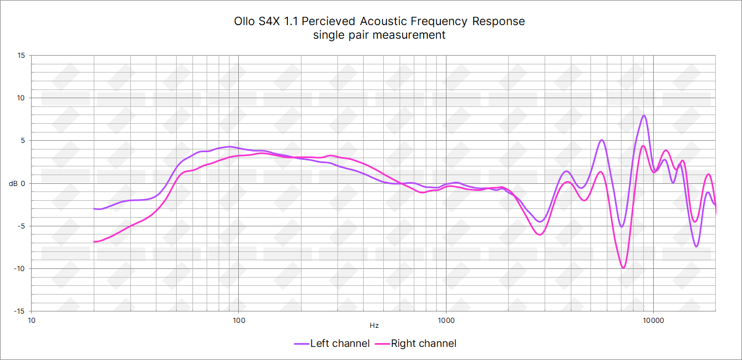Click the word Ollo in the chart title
coord(244,21)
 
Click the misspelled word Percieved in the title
coord(328,21)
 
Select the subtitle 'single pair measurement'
coord(379,35)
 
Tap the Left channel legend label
coord(340,343)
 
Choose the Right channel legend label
coord(424,343)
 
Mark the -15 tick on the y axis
coord(20,311)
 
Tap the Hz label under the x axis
coord(374,325)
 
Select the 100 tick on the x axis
coord(239,320)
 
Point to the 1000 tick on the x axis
coord(446,320)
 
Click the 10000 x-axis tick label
coord(653,320)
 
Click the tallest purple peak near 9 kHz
coord(644,116)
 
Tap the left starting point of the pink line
coord(94,242)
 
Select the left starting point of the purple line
coord(94,208)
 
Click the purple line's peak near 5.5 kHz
coord(601,140)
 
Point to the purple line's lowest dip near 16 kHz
coord(696,247)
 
